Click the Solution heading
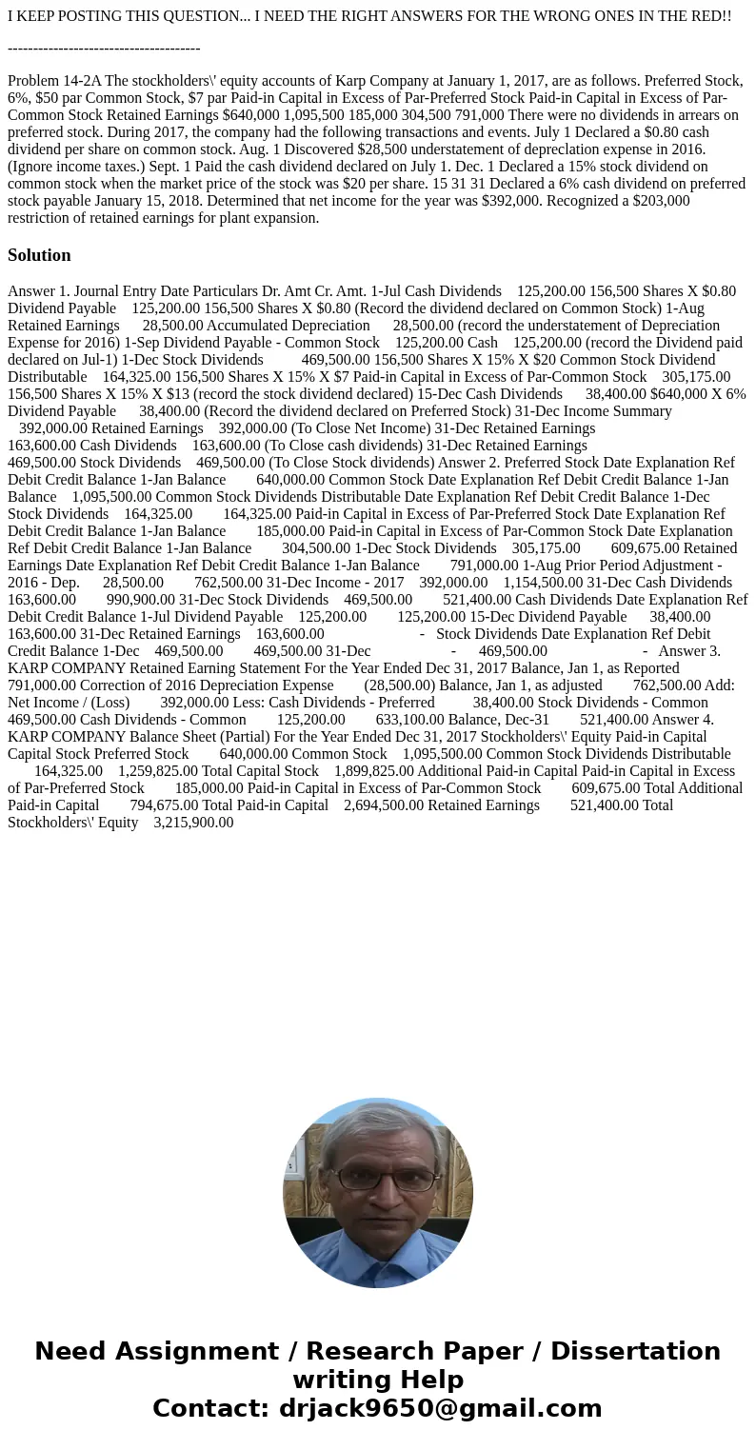pos(39,255)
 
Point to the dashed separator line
pos(104,48)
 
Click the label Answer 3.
pos(689,651)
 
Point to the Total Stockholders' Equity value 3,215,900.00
pos(193,823)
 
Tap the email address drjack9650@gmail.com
pos(441,1408)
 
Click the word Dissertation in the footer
pos(635,1351)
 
